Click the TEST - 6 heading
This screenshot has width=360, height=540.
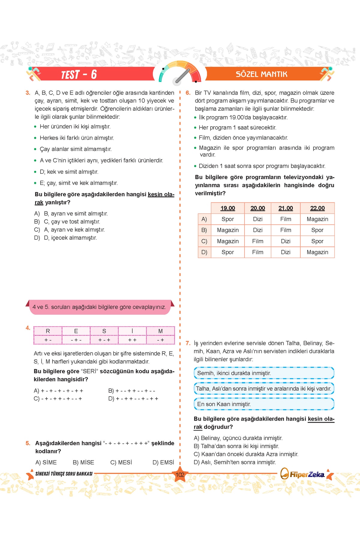click(79, 74)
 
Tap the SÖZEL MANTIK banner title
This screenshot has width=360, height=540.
click(261, 74)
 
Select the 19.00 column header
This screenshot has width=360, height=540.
click(228, 208)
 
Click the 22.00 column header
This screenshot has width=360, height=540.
click(317, 208)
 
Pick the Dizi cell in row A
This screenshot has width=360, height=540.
click(258, 219)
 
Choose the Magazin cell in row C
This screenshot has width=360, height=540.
click(228, 241)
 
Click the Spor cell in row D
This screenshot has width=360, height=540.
click(228, 252)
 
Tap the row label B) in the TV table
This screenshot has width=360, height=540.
click(204, 230)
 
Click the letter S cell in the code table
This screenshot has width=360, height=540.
click(104, 331)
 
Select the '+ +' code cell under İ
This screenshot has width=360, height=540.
click(132, 340)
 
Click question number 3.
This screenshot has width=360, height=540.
click(28, 93)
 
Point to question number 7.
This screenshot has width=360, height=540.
click(188, 343)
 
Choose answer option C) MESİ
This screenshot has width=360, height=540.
click(121, 462)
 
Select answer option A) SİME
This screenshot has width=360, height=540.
click(46, 462)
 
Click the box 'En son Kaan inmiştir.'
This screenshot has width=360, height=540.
click(264, 404)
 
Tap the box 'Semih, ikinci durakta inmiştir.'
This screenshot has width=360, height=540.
click(264, 373)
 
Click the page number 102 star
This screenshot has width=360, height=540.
click(180, 475)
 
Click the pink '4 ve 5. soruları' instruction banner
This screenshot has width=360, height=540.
click(100, 307)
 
